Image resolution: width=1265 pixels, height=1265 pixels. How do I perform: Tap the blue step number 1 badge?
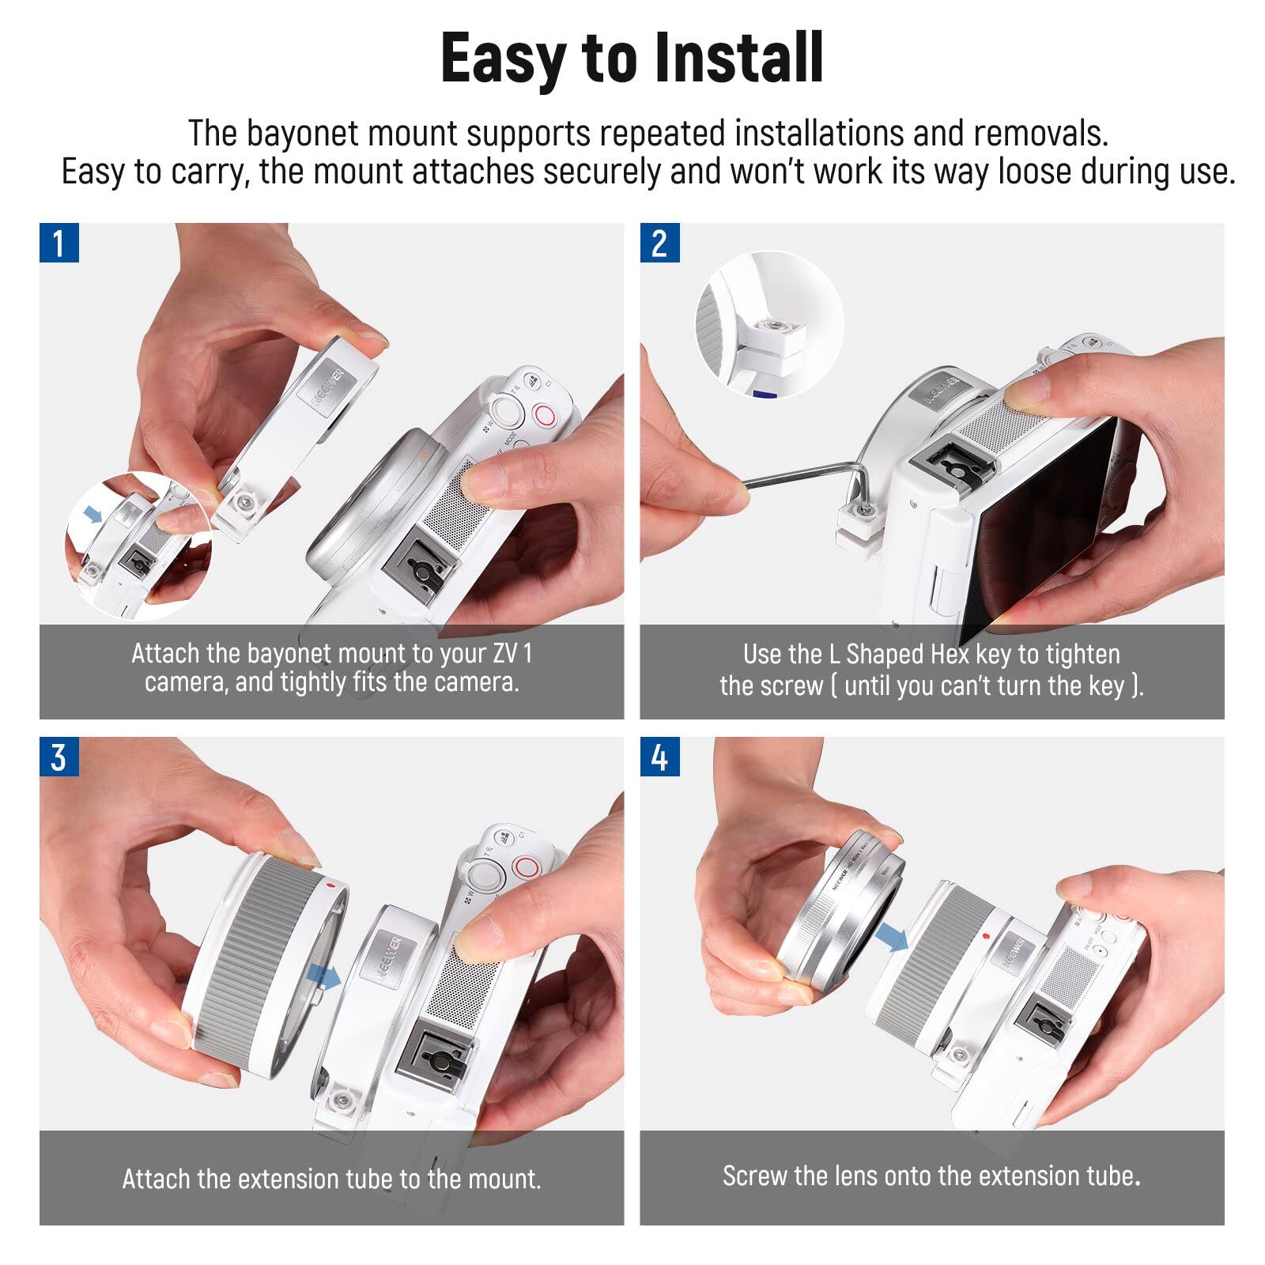pyautogui.click(x=59, y=243)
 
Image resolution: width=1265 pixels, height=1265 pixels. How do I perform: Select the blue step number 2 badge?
pyautogui.click(x=659, y=243)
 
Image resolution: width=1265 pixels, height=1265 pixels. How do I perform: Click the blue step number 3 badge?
pyautogui.click(x=59, y=757)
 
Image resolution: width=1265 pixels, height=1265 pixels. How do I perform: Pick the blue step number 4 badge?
pyautogui.click(x=659, y=757)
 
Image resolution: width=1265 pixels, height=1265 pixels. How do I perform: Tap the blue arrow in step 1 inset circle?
pyautogui.click(x=93, y=515)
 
